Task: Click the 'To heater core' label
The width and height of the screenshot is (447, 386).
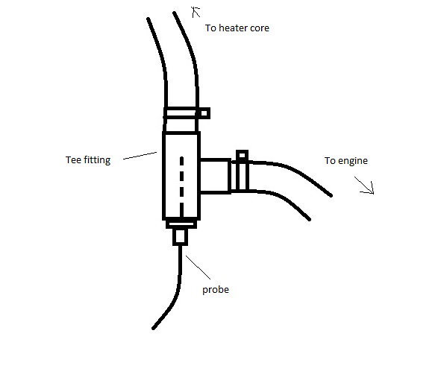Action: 237,28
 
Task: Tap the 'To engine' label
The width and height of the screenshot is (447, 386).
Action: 346,161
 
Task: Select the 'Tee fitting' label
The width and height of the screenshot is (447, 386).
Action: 88,160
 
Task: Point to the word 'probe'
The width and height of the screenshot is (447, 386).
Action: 216,290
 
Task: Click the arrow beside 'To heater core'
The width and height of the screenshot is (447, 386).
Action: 196,12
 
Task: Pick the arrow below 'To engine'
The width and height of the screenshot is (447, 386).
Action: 364,186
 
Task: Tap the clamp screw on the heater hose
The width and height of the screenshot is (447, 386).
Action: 204,113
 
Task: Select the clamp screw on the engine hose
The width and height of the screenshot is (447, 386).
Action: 242,156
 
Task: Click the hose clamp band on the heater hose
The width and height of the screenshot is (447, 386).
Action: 181,113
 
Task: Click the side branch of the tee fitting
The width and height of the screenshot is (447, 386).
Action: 215,176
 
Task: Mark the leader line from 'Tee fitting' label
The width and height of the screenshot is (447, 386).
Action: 140,156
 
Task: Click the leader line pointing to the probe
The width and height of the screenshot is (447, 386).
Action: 199,268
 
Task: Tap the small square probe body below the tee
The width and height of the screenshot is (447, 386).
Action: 180,237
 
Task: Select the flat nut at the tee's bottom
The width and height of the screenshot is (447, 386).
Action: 181,224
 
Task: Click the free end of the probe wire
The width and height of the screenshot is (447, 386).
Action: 153,328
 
